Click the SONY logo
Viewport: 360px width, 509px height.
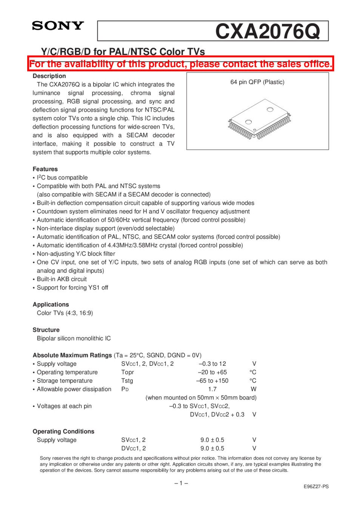pos(58,26)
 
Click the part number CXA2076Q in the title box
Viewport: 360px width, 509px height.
pos(267,31)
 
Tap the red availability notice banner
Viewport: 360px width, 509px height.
pos(181,64)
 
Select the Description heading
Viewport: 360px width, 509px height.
pos(49,76)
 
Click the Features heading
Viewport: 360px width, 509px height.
pos(45,169)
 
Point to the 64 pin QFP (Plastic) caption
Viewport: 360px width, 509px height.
pos(257,82)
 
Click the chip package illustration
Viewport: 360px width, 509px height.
pos(259,119)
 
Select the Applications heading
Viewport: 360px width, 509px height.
pos(51,305)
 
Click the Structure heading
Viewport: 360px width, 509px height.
pos(46,330)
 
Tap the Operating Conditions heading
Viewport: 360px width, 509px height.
pos(63,432)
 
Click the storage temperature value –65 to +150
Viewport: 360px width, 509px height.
pos(212,381)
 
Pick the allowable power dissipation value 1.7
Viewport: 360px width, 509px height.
pos(212,389)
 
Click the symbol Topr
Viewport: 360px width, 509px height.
pos(128,373)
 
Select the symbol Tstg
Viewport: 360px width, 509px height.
pos(127,381)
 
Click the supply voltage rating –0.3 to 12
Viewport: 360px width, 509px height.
pos(212,364)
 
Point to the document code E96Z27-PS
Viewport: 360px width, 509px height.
pos(316,487)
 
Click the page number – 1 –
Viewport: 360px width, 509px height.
pos(181,483)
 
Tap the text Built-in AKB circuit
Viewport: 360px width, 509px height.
pos(62,279)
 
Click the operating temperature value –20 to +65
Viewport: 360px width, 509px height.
pos(212,373)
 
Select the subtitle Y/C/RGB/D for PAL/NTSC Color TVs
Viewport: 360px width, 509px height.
pos(123,52)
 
